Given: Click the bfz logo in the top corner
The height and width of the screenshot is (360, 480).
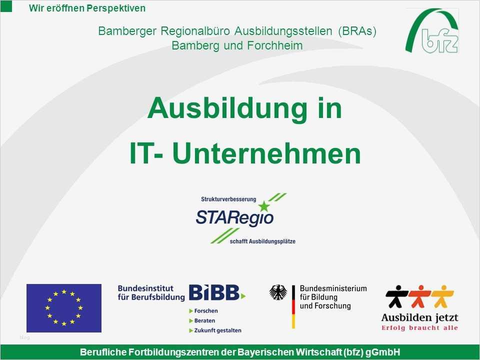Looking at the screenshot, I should [x=432, y=31].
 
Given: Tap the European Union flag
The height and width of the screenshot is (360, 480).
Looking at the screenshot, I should [x=63, y=308].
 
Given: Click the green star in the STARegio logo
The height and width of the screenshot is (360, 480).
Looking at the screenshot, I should [x=264, y=205].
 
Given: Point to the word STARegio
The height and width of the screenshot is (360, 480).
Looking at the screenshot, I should [x=234, y=217].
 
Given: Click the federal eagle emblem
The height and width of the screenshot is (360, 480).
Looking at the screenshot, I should [x=278, y=292].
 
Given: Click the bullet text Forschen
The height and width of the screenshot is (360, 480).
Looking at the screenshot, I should [x=205, y=311].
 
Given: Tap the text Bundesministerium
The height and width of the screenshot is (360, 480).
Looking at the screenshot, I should [x=333, y=288].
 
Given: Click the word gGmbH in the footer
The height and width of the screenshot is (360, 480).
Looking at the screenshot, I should [x=383, y=352].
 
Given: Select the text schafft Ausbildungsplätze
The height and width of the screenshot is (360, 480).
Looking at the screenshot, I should [x=262, y=241].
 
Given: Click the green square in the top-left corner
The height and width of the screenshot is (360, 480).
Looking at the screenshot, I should [x=6, y=5].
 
